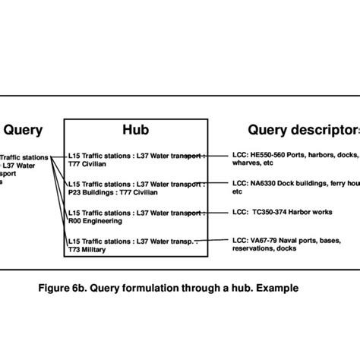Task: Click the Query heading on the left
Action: [x=23, y=130]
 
